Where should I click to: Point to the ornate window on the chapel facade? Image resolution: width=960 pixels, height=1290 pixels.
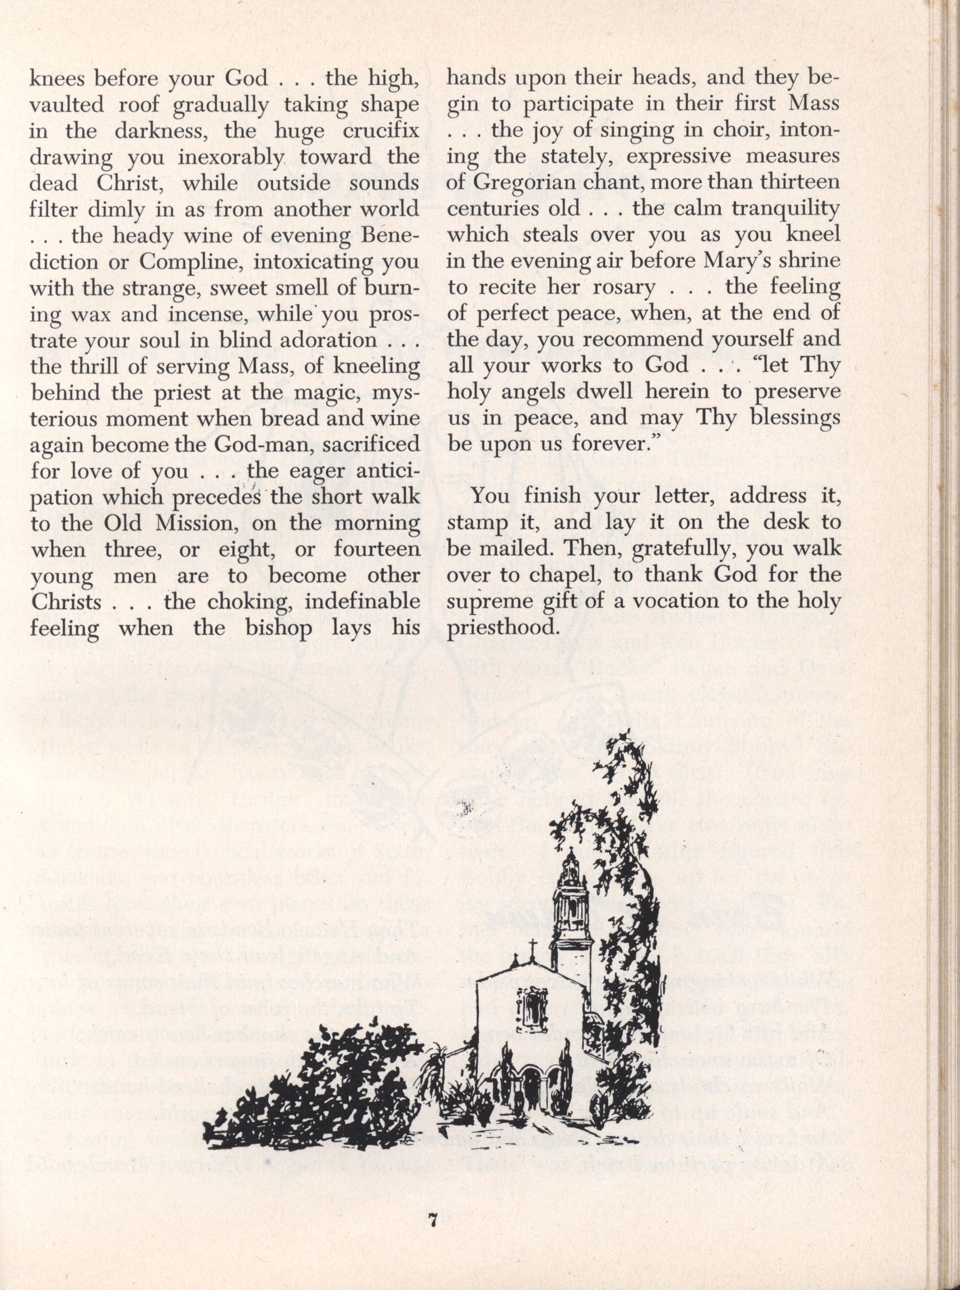(530, 1008)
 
